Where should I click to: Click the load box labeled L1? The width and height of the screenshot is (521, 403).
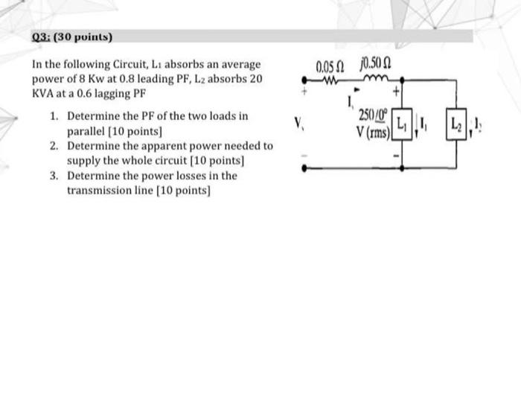402,123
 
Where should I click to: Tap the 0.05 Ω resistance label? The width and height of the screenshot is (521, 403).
327,64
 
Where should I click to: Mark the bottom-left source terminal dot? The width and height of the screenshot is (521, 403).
302,168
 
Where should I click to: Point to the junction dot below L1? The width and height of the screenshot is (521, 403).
402,168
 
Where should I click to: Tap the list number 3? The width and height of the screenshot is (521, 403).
54,175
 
